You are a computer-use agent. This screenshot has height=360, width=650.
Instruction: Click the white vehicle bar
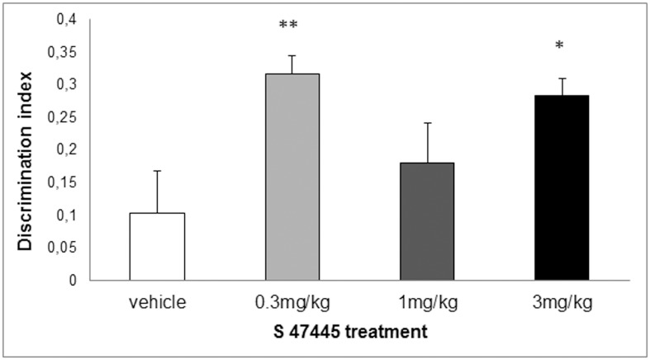pyautogui.click(x=157, y=246)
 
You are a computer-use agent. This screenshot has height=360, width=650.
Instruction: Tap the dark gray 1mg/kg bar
pyautogui.click(x=427, y=221)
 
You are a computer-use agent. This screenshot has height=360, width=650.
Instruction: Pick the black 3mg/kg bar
pyautogui.click(x=562, y=187)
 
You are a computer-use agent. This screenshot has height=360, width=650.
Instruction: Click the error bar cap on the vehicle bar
pyautogui.click(x=157, y=171)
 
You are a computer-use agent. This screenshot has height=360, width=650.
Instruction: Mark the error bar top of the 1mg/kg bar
pyautogui.click(x=427, y=123)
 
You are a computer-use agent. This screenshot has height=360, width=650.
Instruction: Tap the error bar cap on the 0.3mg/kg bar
pyautogui.click(x=292, y=55)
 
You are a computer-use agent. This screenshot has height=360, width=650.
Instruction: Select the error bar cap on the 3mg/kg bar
pyautogui.click(x=562, y=78)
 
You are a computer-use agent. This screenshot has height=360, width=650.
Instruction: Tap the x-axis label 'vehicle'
pyautogui.click(x=157, y=302)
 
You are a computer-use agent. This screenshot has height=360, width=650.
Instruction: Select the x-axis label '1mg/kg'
pyautogui.click(x=427, y=302)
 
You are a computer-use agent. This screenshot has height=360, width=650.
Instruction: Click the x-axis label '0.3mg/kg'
pyautogui.click(x=292, y=302)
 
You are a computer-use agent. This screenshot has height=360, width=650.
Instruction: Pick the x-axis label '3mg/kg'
pyautogui.click(x=562, y=302)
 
